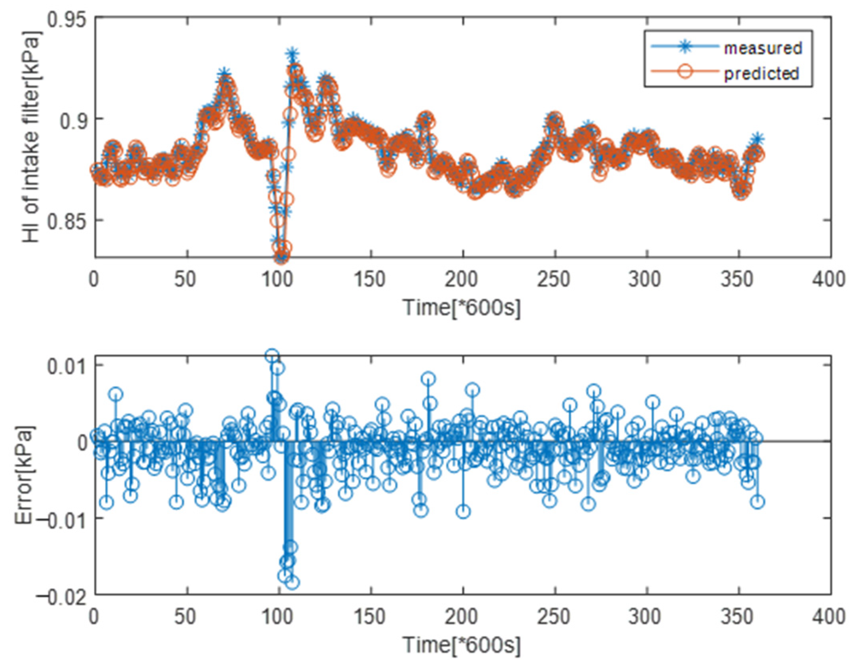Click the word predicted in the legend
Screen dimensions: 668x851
tap(761, 74)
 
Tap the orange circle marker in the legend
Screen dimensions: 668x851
tap(685, 72)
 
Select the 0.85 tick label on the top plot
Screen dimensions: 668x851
tap(66, 220)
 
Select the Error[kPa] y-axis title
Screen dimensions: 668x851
tap(25, 475)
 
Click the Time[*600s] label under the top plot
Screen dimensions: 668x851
tap(462, 308)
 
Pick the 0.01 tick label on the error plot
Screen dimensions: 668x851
tap(66, 366)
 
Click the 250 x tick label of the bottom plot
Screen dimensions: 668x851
tap(554, 617)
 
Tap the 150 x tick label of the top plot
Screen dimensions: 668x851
tap(370, 280)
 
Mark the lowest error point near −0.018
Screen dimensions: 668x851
tap(293, 583)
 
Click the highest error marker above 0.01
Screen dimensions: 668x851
tap(272, 355)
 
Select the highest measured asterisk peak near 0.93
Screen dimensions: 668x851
tap(292, 54)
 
